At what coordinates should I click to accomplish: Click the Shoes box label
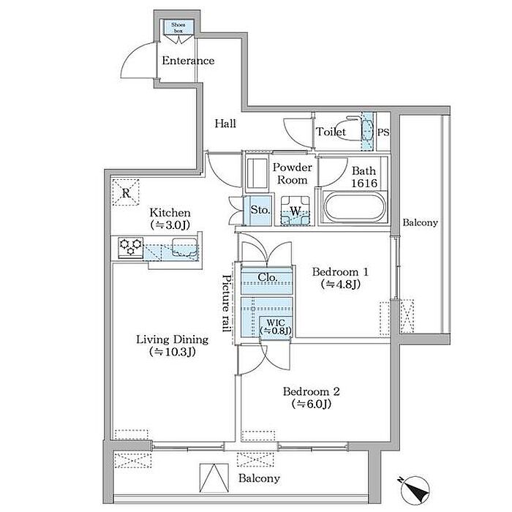click(x=178, y=28)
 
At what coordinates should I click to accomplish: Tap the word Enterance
click(x=188, y=61)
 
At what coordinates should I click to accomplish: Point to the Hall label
click(x=225, y=124)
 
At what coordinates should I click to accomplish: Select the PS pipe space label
click(x=383, y=132)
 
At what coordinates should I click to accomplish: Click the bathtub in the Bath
click(x=354, y=207)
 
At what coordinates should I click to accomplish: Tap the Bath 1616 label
click(x=364, y=177)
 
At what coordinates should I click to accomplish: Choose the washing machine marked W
click(x=295, y=211)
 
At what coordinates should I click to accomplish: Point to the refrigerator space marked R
click(x=126, y=192)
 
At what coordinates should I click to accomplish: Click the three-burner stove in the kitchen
click(x=131, y=248)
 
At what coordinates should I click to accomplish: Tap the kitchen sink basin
click(x=184, y=247)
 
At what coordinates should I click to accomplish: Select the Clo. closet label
click(x=268, y=277)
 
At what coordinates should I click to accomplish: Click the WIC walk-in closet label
click(x=275, y=326)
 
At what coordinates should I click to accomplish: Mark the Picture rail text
click(x=227, y=303)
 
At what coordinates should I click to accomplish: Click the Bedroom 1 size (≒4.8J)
click(x=341, y=285)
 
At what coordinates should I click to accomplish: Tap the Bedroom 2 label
click(x=311, y=391)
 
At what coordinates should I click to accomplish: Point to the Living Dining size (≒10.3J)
click(x=172, y=352)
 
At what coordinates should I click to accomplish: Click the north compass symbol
click(x=414, y=491)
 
